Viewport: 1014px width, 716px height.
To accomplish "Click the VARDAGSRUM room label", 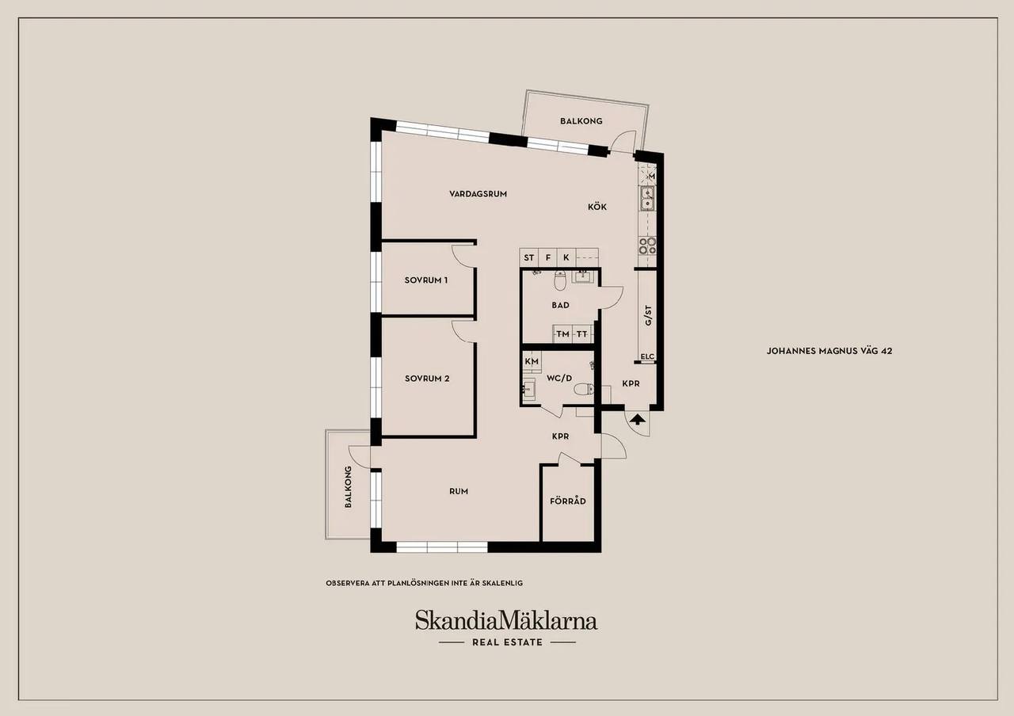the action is pos(478,194).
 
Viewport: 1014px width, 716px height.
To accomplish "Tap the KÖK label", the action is pos(597,207).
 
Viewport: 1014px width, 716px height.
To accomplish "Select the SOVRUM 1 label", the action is pos(426,280).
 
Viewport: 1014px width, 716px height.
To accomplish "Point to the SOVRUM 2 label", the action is pos(427,379).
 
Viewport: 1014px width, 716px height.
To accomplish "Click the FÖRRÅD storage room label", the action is pos(568,501).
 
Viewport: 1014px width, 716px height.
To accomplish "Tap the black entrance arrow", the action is pos(637,419).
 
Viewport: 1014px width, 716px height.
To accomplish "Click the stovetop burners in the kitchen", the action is pos(647,246).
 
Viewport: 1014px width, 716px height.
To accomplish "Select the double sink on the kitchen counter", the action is pos(647,199).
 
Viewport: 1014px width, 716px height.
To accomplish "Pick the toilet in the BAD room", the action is pos(560,280).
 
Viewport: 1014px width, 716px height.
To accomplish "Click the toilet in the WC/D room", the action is pos(584,388).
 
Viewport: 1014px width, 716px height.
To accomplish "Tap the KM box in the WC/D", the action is pos(532,361).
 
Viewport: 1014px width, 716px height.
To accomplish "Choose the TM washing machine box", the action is pos(562,334).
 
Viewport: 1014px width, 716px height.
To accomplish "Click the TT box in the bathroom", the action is pos(582,334).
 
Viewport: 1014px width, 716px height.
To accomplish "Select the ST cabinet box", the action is pos(528,257).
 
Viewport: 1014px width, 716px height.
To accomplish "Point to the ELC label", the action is pos(647,356).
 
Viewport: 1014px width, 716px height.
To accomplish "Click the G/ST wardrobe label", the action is pos(648,315).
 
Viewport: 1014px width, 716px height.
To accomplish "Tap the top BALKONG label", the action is pos(581,121).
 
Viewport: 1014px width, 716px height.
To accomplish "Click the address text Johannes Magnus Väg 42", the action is pos(829,351).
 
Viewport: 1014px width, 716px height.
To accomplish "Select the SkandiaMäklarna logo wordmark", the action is pos(506,620).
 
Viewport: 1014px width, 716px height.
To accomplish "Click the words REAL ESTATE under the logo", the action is pos(507,642).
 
